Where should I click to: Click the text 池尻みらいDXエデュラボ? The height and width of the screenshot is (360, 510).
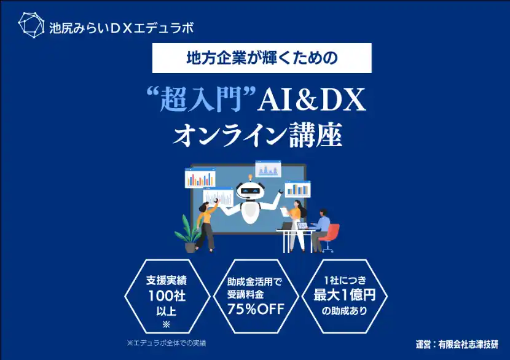(121, 28)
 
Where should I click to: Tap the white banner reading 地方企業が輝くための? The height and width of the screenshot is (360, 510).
(262, 58)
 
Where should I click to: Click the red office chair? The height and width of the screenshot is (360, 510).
(331, 237)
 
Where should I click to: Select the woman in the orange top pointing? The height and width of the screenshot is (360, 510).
(206, 224)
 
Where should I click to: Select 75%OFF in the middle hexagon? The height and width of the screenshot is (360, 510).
(256, 309)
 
